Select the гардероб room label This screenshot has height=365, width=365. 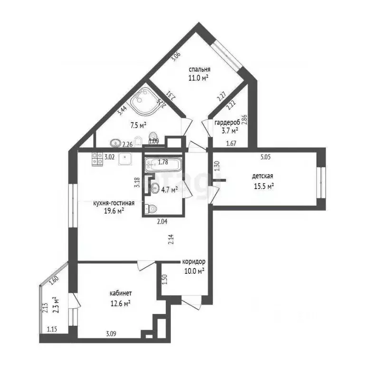[226, 122]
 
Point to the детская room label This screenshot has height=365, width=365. [262, 177]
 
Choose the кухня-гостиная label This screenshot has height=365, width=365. [114, 203]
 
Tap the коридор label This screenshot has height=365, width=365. [194, 262]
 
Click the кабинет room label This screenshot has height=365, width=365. [120, 293]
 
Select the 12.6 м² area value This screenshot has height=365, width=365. [121, 302]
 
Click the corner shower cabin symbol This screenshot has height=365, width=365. [143, 103]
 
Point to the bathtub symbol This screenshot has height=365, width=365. [163, 165]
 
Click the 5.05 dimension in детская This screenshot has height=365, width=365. [265, 154]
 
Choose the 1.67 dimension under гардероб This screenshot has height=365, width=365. [231, 144]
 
